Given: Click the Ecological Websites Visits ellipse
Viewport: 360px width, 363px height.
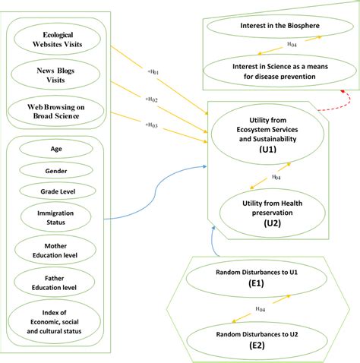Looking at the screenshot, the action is point(57,39).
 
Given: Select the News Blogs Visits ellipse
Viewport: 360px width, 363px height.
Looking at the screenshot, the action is point(55,74).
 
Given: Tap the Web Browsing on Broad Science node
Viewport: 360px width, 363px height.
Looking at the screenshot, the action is point(55,112).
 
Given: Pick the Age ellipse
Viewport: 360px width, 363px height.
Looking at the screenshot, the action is point(56,149).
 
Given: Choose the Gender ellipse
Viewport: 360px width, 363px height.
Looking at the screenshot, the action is point(56,171).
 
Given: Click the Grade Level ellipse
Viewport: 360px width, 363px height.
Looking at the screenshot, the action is point(58,191).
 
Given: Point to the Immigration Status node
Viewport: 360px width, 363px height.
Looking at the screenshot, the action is point(55,217).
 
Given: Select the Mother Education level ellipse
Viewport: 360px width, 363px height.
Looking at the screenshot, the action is point(55,250).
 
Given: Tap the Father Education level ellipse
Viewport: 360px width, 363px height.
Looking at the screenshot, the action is point(55,283).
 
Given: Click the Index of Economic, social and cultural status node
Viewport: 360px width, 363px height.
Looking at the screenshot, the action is point(54,321).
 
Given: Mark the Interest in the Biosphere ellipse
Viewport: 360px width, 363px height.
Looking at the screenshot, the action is point(280,26).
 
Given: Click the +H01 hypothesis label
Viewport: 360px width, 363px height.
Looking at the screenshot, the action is point(153,72).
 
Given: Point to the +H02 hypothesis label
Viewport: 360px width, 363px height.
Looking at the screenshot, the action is point(151,99).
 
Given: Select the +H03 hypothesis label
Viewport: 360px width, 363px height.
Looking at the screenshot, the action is point(151,125).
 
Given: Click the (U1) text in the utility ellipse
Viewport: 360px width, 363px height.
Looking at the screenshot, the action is point(268,150).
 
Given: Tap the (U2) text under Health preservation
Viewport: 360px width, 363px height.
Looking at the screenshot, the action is point(272,223).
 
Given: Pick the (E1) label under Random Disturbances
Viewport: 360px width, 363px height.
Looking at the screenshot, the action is point(256,283).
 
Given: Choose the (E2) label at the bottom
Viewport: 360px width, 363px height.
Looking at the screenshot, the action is point(257,346).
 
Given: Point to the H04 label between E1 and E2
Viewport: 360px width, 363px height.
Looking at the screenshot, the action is point(261,309).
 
